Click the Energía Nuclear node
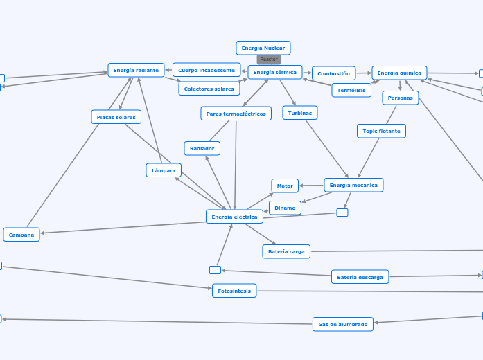[263, 48]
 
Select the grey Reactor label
[269, 60]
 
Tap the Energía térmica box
[275, 72]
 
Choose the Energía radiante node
[136, 70]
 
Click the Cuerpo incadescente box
[207, 70]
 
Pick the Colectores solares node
[209, 89]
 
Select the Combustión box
[334, 73]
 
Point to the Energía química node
[399, 73]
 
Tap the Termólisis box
[351, 91]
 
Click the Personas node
[401, 98]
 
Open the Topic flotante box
[380, 131]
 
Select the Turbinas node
[300, 113]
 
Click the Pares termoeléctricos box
[236, 114]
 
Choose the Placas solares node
[116, 117]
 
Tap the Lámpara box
[164, 170]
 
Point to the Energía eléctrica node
[235, 217]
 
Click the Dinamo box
[285, 208]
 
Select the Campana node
[21, 235]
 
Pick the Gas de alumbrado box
[343, 324]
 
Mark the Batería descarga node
[360, 277]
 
